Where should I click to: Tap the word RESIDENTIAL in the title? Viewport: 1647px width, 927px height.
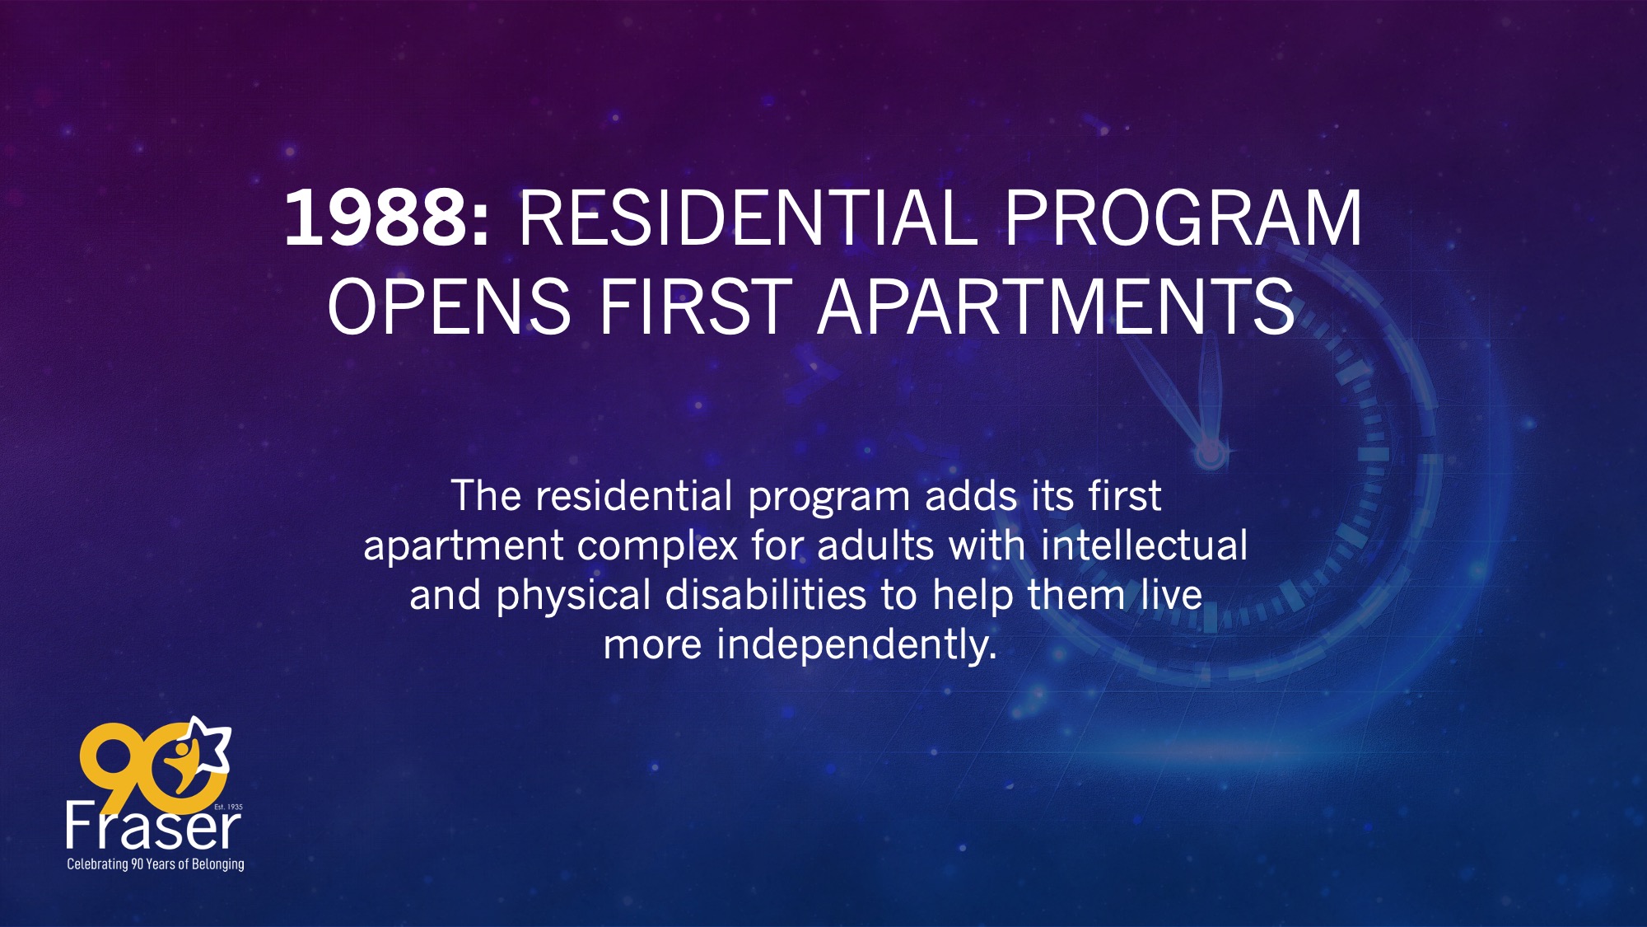click(x=748, y=218)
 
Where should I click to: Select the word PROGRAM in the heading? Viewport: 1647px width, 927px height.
click(x=1183, y=218)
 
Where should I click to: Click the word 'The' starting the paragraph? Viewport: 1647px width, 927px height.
click(x=486, y=496)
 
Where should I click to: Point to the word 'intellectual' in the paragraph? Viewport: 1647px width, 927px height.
click(x=1144, y=545)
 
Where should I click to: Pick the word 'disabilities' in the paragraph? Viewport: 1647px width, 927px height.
click(x=766, y=594)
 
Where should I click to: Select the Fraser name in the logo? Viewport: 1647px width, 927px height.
click(x=153, y=826)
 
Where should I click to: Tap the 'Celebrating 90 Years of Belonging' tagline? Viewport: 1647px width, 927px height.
click(x=156, y=864)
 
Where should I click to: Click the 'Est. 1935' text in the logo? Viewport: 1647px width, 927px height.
click(x=228, y=807)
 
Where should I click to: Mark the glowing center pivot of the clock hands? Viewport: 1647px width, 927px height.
click(x=1210, y=452)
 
